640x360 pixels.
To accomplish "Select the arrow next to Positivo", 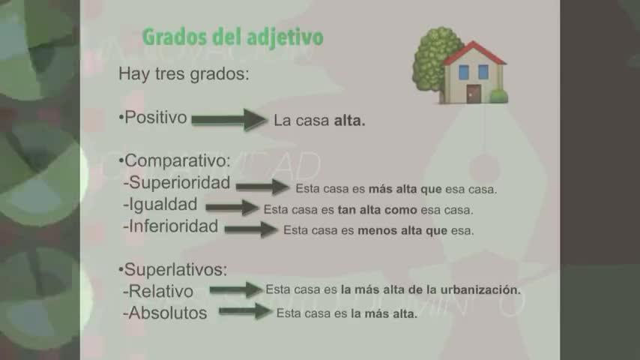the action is pos(229,120).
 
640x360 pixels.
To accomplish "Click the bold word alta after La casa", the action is pos(349,121).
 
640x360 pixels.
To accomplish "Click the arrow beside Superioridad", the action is pos(262,187).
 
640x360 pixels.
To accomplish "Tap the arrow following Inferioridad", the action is pos(251,229).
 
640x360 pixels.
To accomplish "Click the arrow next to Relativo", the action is pos(236,289).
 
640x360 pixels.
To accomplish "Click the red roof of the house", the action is pos(474,53).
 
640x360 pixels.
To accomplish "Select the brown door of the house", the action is pos(474,94).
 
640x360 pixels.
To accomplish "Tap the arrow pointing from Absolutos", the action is pos(245,311).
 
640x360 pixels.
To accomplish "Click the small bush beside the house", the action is pos(498,96).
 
